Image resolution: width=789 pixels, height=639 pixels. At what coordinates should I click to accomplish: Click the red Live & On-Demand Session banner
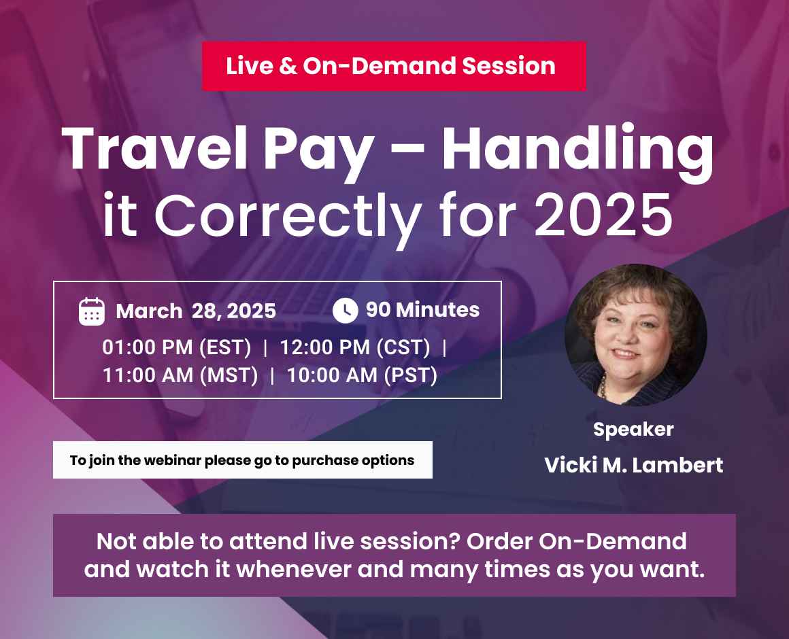(393, 66)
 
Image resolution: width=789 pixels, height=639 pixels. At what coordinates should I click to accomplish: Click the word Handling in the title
(577, 150)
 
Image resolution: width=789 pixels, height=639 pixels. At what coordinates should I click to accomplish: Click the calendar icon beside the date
(92, 311)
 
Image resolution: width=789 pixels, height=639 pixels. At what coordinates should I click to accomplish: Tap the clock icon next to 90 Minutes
(345, 311)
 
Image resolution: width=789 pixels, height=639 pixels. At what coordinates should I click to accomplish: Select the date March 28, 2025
(196, 311)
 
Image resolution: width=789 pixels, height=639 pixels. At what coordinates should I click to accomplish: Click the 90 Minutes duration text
(422, 310)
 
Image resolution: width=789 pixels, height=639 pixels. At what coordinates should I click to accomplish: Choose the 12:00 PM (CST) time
(355, 347)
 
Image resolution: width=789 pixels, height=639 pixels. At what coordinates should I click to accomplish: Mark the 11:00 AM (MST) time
(180, 375)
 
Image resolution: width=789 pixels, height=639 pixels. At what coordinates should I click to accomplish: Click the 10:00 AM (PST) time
(362, 375)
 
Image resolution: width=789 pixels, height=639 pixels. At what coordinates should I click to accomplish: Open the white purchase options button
(242, 460)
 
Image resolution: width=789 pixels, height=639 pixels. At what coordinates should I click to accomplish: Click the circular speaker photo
(635, 335)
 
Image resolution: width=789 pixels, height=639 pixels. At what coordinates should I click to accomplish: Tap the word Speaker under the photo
(633, 430)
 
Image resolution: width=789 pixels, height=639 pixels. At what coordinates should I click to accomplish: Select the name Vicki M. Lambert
(633, 466)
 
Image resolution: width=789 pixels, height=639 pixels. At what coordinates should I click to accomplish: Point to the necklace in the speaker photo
(603, 388)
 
